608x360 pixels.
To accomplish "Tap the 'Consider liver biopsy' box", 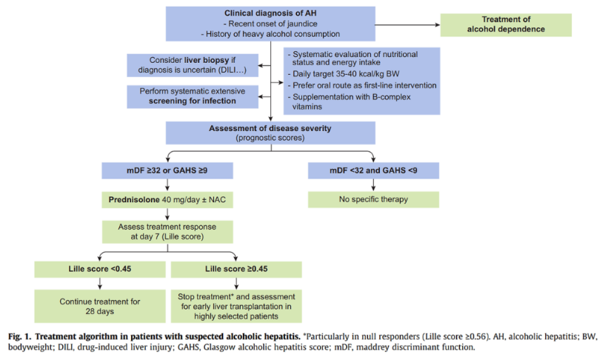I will pos(192,64).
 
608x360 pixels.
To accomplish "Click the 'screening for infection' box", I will pos(192,96).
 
